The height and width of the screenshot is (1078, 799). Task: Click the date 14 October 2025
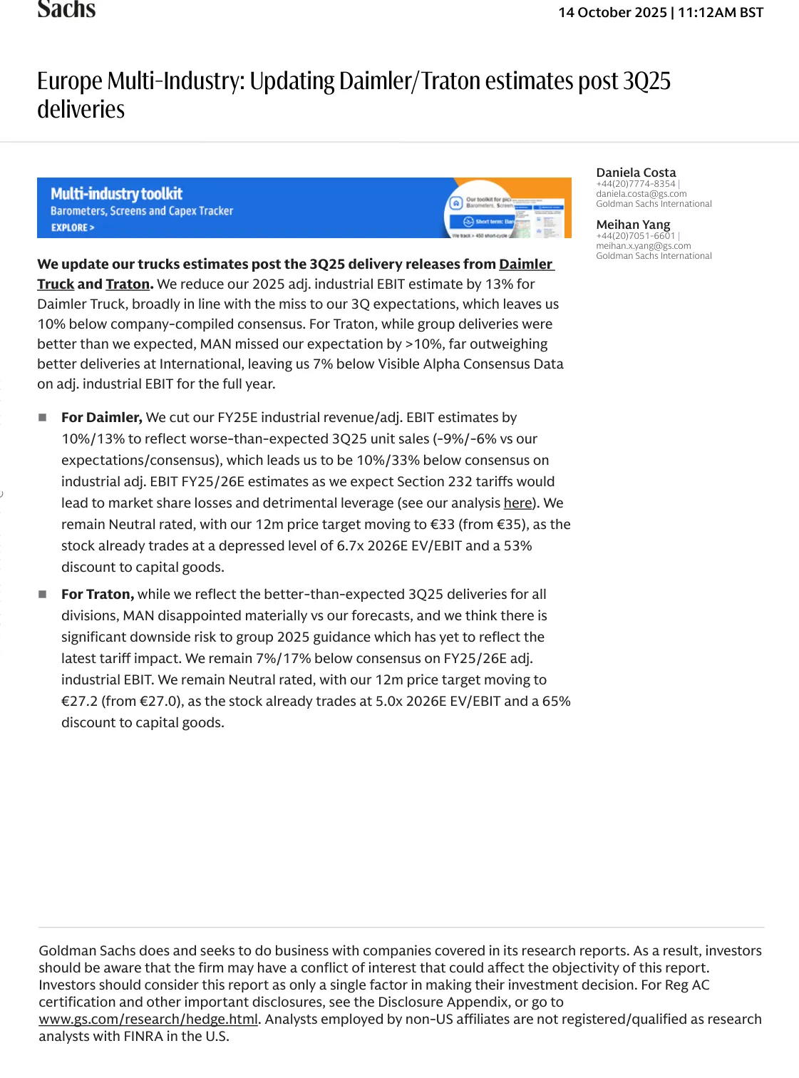coord(612,13)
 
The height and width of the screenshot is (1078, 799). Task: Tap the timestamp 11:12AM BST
coord(721,13)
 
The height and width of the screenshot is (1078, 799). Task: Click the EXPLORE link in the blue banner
coord(72,228)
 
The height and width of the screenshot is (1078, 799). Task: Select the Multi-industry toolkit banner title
coord(116,194)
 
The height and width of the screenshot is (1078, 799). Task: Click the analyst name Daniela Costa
coord(636,173)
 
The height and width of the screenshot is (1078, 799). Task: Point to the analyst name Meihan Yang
coord(633,225)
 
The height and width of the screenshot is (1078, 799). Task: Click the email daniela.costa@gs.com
coord(641,194)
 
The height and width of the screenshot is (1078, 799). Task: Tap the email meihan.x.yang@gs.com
coord(643,246)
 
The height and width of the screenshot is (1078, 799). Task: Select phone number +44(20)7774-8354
coord(635,184)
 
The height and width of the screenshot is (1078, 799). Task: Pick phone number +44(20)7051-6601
coord(635,236)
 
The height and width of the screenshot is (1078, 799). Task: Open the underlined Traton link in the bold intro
coord(128,284)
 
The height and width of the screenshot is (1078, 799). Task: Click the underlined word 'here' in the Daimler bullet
coord(517,503)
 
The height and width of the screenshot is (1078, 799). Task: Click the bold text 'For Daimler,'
coord(102,418)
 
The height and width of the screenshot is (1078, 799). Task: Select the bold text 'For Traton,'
coord(98,595)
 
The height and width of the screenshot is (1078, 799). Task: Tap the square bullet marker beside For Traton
coord(43,595)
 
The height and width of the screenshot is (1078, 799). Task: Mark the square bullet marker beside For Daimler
coord(43,418)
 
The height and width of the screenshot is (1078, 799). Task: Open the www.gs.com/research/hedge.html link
coord(148,1020)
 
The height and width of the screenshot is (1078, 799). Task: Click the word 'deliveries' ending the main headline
coord(81,110)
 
